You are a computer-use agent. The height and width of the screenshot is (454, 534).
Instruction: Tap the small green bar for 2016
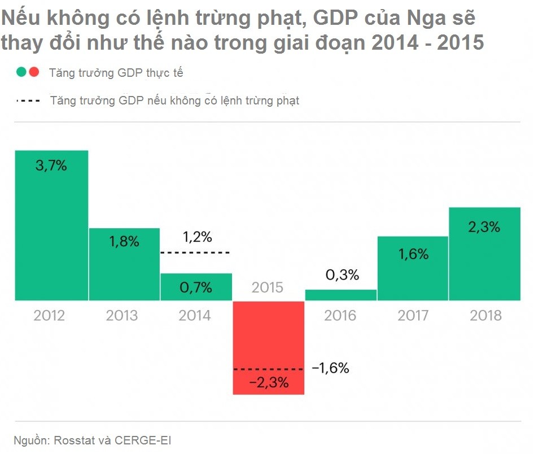point(340,295)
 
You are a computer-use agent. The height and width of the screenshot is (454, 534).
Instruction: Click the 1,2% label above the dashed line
point(197,237)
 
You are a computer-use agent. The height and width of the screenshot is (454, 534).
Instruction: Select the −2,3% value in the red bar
point(269,383)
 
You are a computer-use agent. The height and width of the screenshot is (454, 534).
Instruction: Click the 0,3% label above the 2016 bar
point(342,275)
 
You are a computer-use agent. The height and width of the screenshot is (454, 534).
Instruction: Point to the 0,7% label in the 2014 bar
point(196,288)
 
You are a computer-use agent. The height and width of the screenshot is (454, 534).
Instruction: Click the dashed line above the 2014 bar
point(196,252)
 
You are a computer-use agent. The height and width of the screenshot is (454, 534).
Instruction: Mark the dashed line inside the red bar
point(269,369)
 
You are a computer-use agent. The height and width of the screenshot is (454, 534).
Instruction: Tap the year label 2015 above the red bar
point(268,287)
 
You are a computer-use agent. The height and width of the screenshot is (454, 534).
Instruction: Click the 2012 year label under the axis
point(49,315)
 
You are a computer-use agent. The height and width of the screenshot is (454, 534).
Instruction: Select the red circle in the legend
point(34,72)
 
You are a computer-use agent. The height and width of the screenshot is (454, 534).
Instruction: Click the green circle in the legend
point(21,72)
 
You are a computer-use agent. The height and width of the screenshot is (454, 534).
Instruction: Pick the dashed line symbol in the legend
point(28,101)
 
